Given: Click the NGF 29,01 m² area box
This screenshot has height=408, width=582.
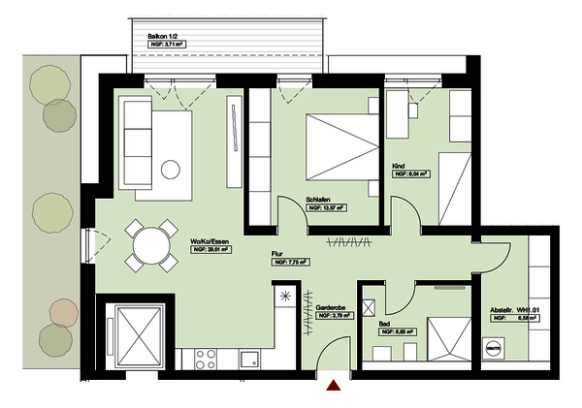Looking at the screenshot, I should click(x=210, y=250).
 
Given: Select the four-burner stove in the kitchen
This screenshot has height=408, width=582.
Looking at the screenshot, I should click(x=206, y=359).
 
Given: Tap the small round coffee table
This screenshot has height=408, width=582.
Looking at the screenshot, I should click(x=172, y=170).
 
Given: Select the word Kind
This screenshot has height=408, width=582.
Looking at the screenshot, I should click(x=398, y=167).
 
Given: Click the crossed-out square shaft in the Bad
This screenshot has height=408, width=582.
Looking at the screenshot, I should click(x=370, y=307).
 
